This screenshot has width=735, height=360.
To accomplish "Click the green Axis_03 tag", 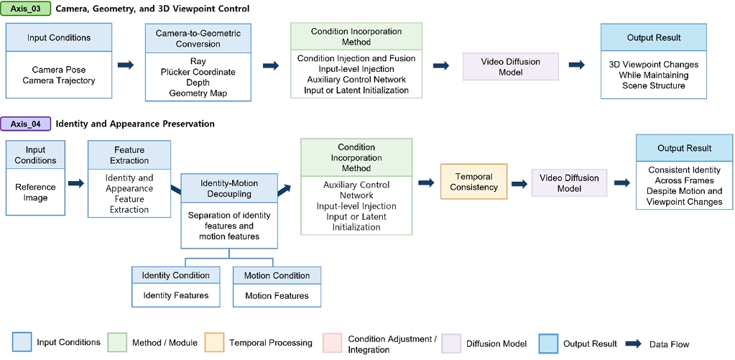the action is [26, 9].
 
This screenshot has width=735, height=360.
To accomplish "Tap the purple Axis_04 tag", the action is [26, 124].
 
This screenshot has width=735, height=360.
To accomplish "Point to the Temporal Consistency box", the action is [474, 181].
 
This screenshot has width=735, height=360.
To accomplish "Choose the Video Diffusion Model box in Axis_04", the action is [569, 183].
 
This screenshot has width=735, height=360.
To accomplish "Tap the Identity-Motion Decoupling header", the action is [229, 188].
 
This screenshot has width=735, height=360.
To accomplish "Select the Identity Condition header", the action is [176, 275].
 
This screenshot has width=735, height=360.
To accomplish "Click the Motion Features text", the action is [277, 296].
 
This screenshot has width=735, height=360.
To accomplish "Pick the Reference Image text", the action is [36, 192].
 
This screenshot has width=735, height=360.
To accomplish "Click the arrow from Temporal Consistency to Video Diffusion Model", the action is [519, 184].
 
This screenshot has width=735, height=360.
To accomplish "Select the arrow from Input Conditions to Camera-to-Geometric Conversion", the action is [126, 65].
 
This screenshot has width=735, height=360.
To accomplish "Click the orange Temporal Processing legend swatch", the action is [213, 342].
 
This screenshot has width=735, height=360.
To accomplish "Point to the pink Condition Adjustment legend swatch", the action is [333, 342].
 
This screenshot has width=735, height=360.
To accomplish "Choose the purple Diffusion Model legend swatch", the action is [452, 342].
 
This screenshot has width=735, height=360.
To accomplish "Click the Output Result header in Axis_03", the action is [653, 37].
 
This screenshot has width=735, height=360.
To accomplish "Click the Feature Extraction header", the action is [129, 155].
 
